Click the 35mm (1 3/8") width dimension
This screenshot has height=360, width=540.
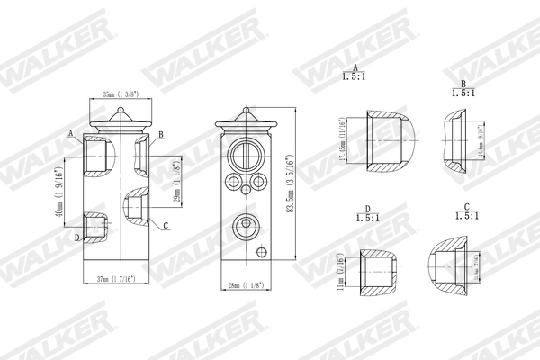click(120, 93)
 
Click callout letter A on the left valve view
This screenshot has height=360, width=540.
click(69, 133)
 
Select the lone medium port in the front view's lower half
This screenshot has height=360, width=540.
click(244, 225)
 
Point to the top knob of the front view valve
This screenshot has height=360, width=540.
click(244, 114)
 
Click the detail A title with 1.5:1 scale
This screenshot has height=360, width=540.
click(356, 74)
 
